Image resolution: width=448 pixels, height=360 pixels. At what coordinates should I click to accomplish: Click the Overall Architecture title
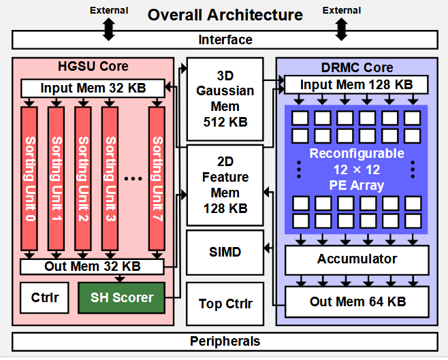(x=225, y=14)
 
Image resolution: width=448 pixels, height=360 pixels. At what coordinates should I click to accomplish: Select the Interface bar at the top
(x=225, y=40)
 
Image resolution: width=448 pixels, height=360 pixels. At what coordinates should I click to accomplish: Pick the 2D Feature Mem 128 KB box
(x=225, y=185)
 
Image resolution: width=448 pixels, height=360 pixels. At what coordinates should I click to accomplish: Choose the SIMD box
(x=225, y=252)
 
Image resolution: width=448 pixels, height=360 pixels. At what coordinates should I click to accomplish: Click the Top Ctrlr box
(x=225, y=304)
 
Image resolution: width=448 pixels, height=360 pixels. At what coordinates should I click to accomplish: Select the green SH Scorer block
(x=123, y=297)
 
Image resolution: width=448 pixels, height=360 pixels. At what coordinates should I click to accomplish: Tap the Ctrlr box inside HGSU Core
(x=45, y=297)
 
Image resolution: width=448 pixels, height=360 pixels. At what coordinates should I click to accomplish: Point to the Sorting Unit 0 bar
(x=29, y=179)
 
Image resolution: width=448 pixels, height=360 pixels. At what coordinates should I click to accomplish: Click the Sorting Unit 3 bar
(x=110, y=179)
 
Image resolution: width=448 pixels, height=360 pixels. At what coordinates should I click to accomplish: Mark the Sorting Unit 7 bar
(x=157, y=179)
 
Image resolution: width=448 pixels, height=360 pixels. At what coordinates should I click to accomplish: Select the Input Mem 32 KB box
(x=93, y=88)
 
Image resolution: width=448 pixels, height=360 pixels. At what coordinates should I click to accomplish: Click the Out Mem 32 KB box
(x=93, y=267)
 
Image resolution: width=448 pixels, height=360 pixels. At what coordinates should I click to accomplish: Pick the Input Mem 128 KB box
(x=355, y=85)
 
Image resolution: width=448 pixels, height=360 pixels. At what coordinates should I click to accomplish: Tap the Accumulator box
(x=356, y=259)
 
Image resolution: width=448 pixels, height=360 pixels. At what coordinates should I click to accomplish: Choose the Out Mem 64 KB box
(x=356, y=300)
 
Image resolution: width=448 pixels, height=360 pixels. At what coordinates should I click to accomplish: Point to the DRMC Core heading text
(x=356, y=67)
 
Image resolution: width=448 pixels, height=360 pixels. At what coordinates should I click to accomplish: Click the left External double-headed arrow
(x=109, y=29)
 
